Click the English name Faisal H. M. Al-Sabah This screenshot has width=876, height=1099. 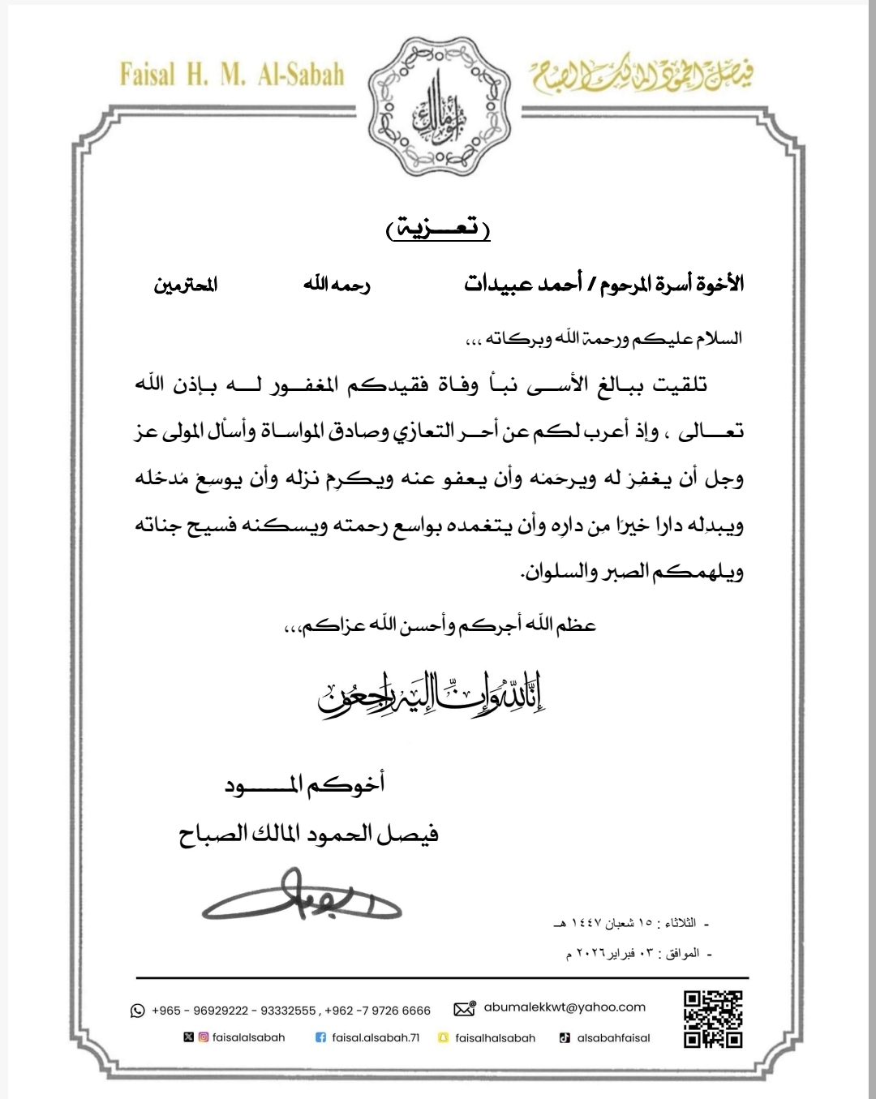pyautogui.click(x=232, y=74)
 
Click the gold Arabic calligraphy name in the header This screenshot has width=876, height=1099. pyautogui.click(x=642, y=77)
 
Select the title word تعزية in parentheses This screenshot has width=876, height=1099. pyautogui.click(x=438, y=230)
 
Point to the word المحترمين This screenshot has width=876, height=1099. pyautogui.click(x=186, y=285)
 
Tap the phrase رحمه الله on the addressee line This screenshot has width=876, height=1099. pyautogui.click(x=337, y=285)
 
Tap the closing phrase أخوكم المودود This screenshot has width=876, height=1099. pyautogui.click(x=303, y=784)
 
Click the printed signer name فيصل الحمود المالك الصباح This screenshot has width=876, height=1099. pyautogui.click(x=308, y=835)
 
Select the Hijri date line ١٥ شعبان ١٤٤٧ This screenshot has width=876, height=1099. pyautogui.click(x=629, y=924)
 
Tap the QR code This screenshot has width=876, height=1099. pyautogui.click(x=713, y=1019)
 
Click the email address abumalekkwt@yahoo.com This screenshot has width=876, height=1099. pyautogui.click(x=565, y=1007)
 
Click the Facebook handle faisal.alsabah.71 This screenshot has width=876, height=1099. pyautogui.click(x=376, y=1037)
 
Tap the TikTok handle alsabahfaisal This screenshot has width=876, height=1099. pyautogui.click(x=613, y=1037)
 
